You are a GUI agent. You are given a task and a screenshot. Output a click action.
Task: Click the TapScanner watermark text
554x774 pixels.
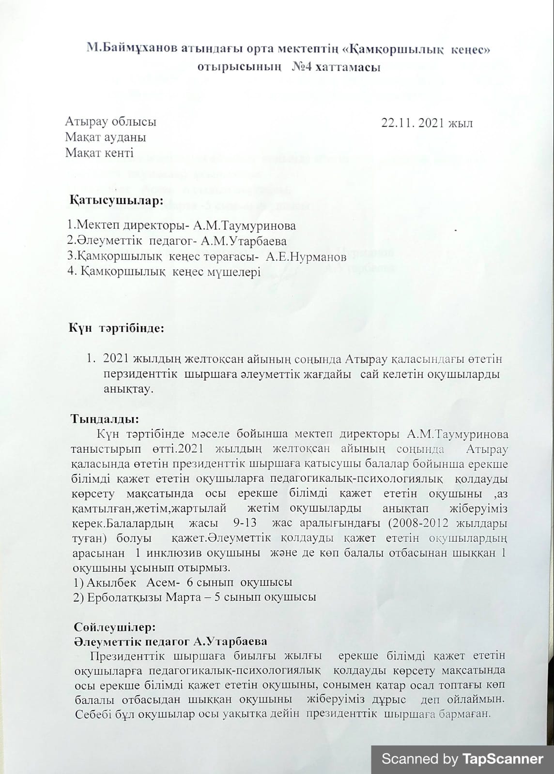[462, 759]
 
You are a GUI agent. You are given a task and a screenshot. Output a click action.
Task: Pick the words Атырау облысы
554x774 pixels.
[110, 122]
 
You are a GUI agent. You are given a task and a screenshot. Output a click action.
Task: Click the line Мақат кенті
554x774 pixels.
[99, 153]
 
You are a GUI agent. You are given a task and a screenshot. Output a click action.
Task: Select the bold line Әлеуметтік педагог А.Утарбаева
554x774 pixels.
[170, 641]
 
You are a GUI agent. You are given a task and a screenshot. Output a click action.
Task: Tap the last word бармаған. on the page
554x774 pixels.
[464, 714]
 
